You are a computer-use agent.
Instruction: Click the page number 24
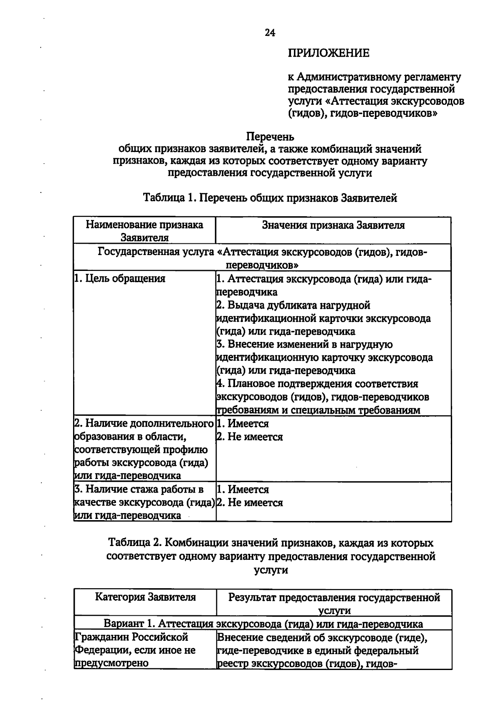click(270, 33)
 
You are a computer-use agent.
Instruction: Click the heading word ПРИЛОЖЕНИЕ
click(329, 53)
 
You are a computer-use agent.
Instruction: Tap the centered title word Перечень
click(270, 137)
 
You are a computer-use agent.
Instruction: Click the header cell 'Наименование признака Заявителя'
click(144, 231)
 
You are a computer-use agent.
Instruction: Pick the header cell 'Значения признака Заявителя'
click(333, 225)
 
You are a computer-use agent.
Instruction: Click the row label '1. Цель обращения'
click(120, 278)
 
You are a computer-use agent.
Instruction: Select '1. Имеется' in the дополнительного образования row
click(243, 424)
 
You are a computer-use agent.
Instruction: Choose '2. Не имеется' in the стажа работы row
click(249, 503)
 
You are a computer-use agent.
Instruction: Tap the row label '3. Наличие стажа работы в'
click(139, 489)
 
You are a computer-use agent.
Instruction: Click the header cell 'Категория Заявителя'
click(145, 597)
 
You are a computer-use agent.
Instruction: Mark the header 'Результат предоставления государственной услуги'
click(334, 604)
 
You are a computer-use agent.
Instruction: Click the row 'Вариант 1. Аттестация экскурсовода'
click(263, 624)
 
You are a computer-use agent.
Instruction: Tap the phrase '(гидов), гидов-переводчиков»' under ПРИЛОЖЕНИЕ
click(362, 113)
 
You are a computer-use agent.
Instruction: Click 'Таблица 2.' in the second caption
click(134, 543)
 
